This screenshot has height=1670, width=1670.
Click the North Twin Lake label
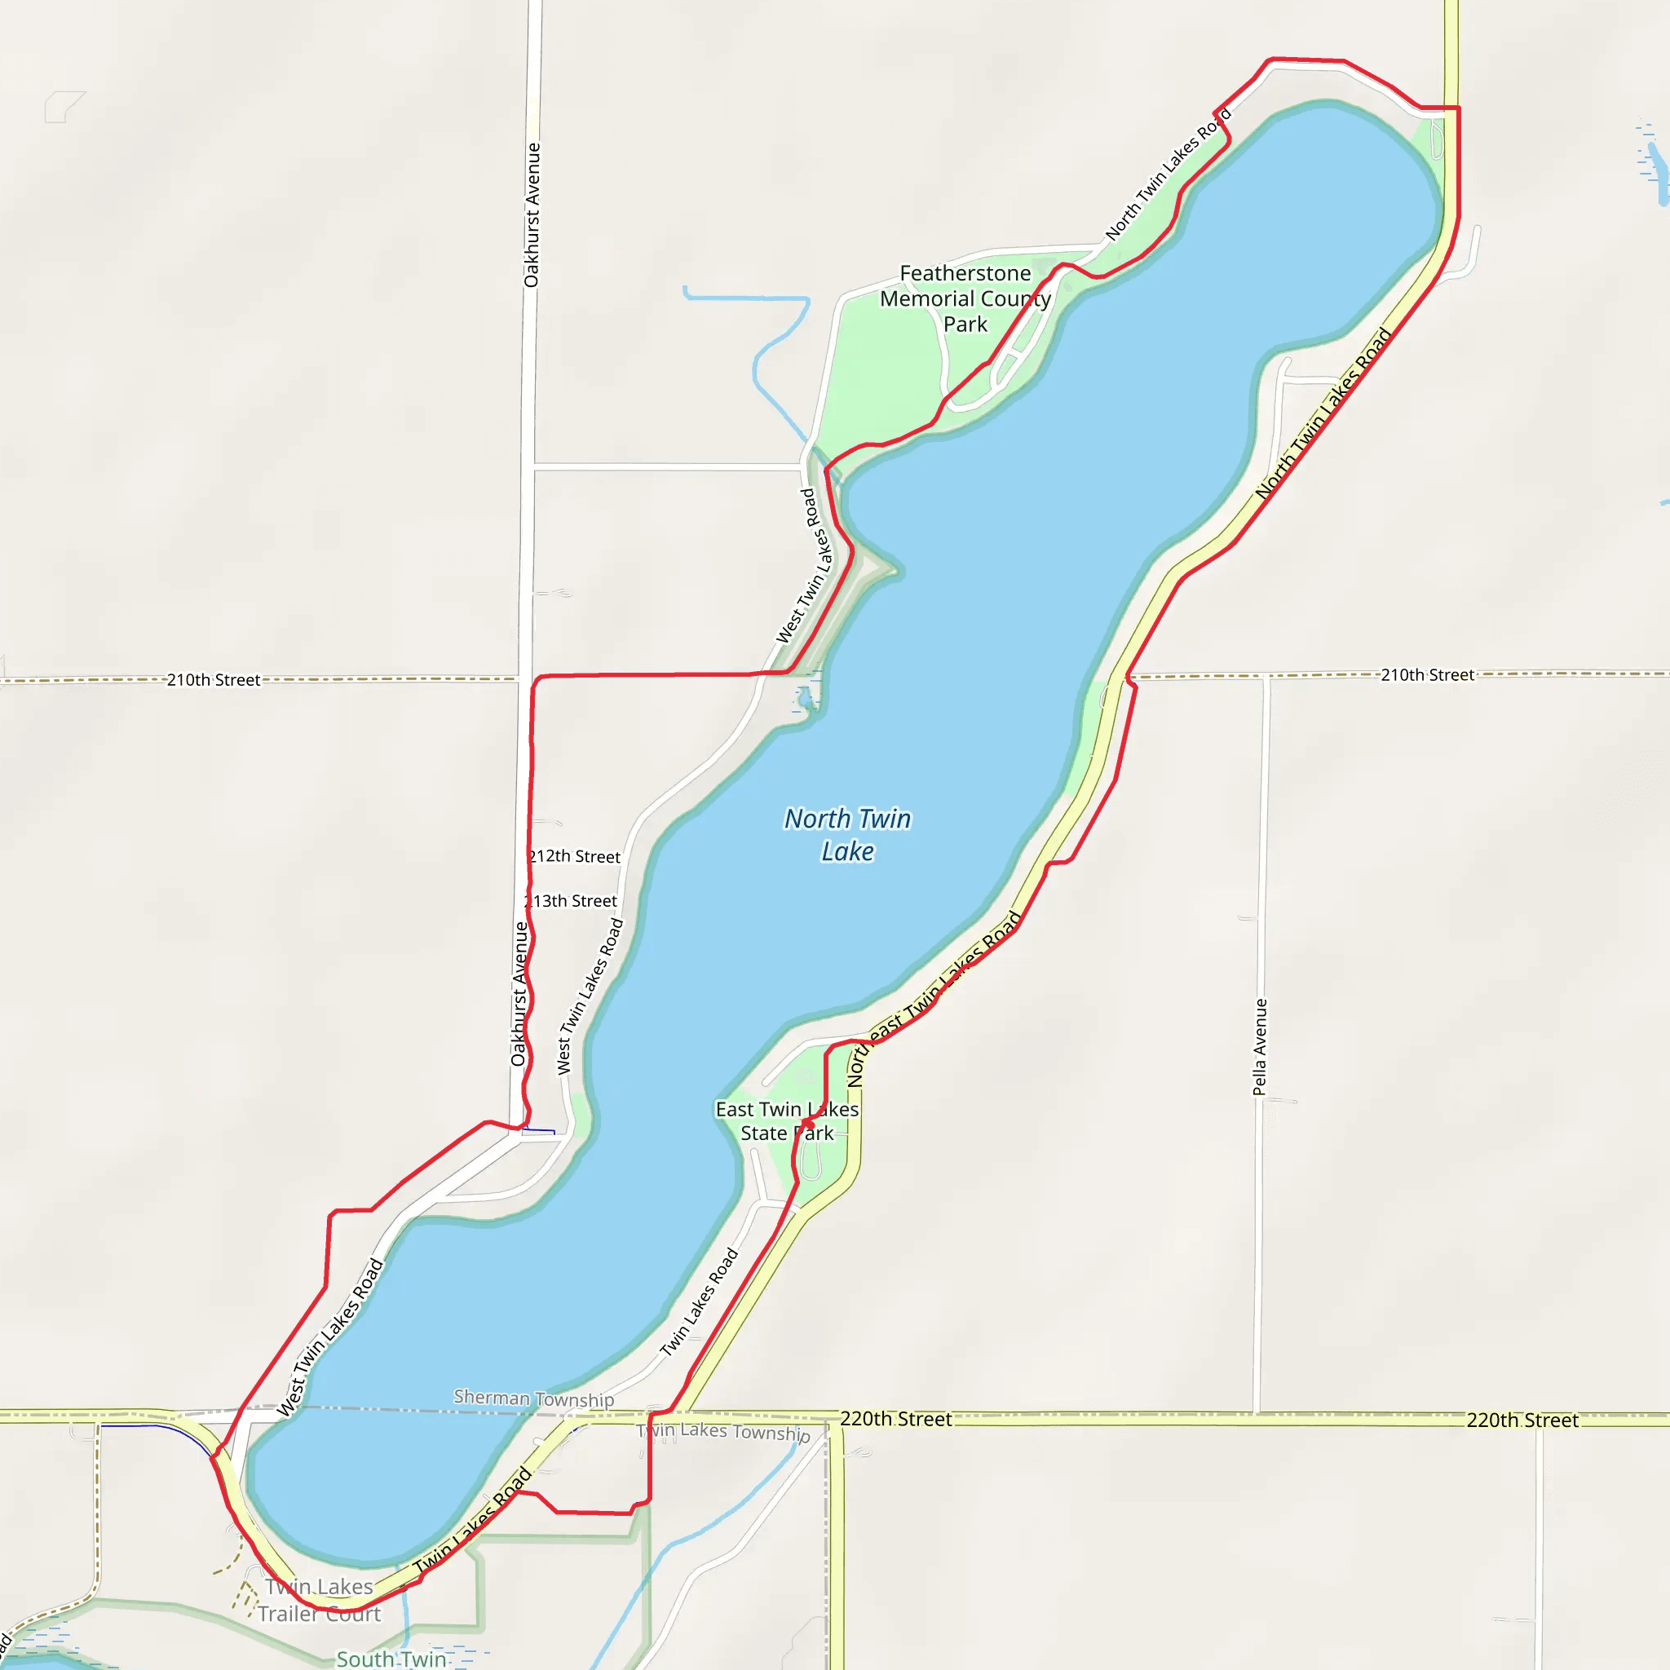pyautogui.click(x=847, y=835)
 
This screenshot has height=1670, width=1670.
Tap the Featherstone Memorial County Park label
pyautogui.click(x=965, y=298)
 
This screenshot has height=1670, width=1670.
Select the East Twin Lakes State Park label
pyautogui.click(x=787, y=1121)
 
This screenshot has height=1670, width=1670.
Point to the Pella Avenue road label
pyautogui.click(x=1261, y=1047)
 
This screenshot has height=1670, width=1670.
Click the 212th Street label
pyautogui.click(x=576, y=857)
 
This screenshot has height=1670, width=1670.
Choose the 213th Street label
pyautogui.click(x=572, y=902)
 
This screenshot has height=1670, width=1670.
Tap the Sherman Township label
pyautogui.click(x=533, y=1398)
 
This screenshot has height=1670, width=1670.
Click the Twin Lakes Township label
pyautogui.click(x=723, y=1432)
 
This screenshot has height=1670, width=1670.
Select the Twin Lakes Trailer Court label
pyautogui.click(x=319, y=1600)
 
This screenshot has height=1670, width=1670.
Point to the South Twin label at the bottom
pyautogui.click(x=391, y=1659)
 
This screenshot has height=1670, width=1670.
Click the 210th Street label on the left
pyautogui.click(x=214, y=680)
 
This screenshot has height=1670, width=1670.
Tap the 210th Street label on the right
pyautogui.click(x=1427, y=675)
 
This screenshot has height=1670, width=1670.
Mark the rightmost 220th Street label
pyautogui.click(x=1522, y=1420)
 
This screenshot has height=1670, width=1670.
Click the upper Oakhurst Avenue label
pyautogui.click(x=532, y=215)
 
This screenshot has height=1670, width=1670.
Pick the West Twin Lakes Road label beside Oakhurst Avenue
pyautogui.click(x=590, y=996)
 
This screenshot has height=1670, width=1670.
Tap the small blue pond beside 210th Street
pyautogui.click(x=806, y=696)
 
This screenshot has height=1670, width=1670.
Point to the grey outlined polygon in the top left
pyautogui.click(x=62, y=106)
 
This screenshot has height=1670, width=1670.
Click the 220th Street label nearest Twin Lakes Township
pyautogui.click(x=895, y=1420)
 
